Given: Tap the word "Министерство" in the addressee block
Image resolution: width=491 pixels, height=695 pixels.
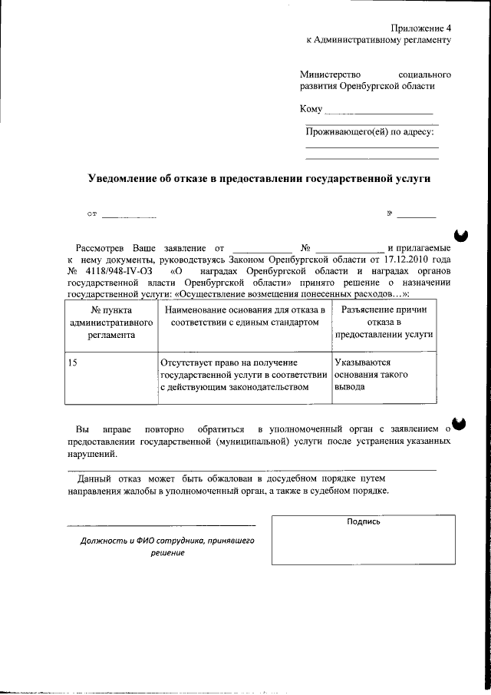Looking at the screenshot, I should (x=329, y=74).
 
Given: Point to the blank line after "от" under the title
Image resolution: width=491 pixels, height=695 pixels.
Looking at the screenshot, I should (x=129, y=217).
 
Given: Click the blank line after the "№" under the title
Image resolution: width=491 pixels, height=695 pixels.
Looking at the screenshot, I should (x=416, y=217).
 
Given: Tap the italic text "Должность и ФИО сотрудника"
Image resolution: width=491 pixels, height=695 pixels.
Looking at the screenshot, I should (x=167, y=541).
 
